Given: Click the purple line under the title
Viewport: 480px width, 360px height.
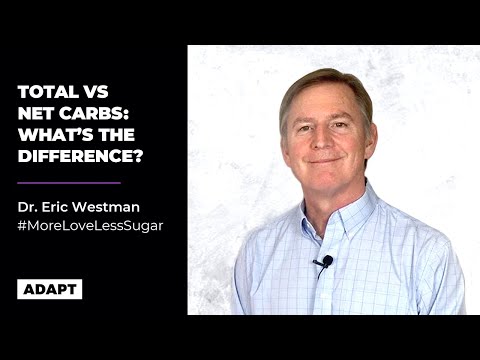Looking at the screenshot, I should click(x=69, y=183).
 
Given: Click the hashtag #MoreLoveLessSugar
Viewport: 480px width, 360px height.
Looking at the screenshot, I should click(x=90, y=226).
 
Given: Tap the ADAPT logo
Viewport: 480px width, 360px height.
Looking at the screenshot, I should click(x=49, y=289).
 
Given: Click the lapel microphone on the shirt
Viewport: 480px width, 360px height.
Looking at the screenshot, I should click(x=323, y=263).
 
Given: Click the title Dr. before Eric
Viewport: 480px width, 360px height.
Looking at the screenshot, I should click(x=28, y=208).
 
